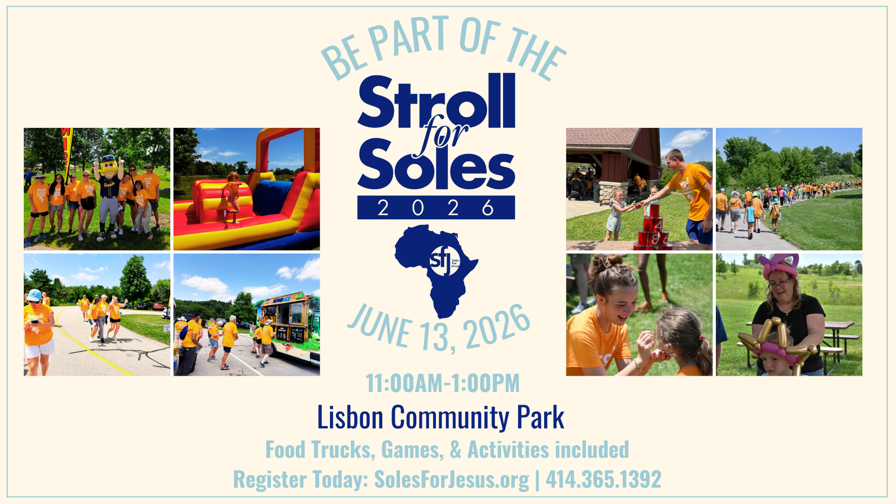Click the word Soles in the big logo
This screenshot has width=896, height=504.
[436, 164]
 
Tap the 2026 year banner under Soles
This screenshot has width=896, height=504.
[436, 208]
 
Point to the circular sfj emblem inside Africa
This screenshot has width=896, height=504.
[444, 261]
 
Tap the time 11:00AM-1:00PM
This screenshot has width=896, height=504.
[442, 383]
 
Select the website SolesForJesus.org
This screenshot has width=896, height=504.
[452, 479]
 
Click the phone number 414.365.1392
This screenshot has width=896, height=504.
[603, 479]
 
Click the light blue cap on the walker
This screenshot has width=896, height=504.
[34, 295]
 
